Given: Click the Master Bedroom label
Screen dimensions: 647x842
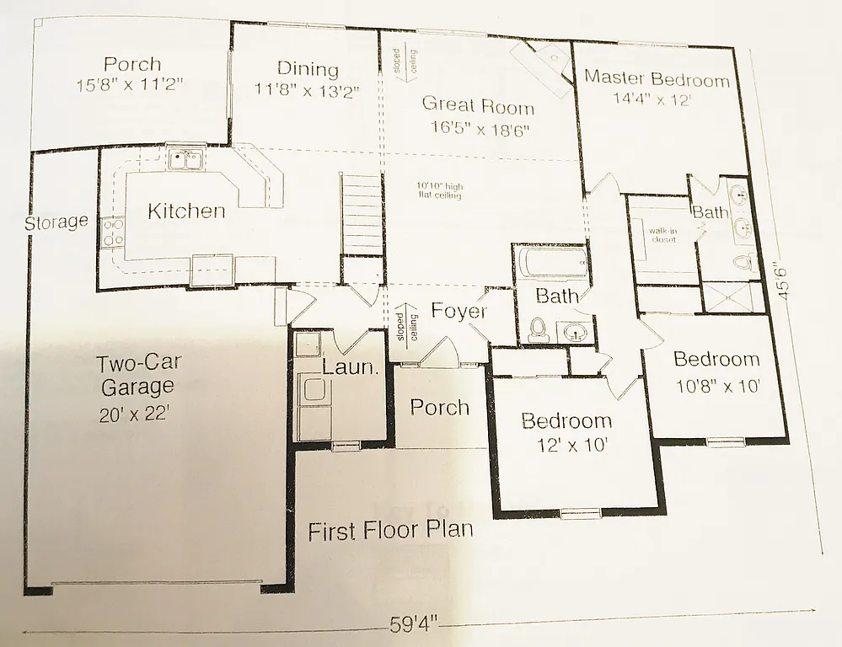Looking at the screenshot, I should (657, 80).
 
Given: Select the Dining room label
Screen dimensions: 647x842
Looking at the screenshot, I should (308, 70).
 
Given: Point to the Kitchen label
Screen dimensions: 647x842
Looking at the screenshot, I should (186, 211).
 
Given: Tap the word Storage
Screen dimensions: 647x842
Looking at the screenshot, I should (56, 223).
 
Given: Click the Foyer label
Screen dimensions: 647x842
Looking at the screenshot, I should (459, 311).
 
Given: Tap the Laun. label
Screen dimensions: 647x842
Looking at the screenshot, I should (349, 367).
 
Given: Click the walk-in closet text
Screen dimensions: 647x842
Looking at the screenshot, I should (663, 234).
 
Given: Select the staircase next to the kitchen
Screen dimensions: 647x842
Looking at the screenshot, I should (362, 215).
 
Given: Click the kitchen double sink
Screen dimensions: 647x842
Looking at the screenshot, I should (183, 158).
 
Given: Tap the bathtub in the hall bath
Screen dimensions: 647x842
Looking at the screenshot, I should (551, 263).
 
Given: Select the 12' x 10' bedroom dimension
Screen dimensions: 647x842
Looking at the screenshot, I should (566, 445).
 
